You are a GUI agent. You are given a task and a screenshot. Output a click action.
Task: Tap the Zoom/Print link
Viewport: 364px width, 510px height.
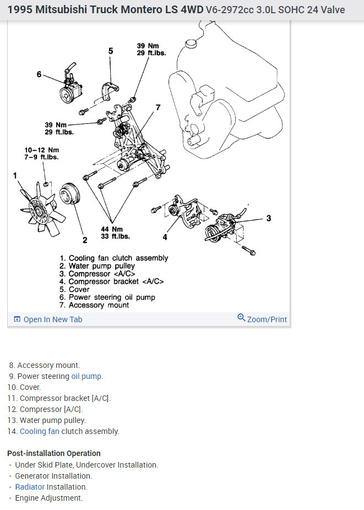(263, 319)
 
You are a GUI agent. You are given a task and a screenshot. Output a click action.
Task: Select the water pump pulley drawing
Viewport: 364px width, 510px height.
(70, 197)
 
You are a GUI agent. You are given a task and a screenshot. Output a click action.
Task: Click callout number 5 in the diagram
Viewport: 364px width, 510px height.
(111, 51)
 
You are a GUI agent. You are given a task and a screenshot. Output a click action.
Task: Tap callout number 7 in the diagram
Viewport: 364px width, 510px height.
(158, 107)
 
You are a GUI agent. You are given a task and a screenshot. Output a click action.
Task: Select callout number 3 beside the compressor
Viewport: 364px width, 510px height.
(268, 218)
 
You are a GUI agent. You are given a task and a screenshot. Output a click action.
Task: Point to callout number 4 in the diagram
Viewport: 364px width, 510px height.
(164, 237)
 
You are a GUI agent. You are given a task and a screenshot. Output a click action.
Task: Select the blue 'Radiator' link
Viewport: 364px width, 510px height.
(30, 487)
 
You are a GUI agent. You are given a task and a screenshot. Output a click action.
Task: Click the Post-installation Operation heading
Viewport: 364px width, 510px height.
(54, 453)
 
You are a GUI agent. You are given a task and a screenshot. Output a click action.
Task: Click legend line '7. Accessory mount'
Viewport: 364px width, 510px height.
(95, 305)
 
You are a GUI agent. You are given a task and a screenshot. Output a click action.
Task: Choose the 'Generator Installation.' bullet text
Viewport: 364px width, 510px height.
(53, 476)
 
